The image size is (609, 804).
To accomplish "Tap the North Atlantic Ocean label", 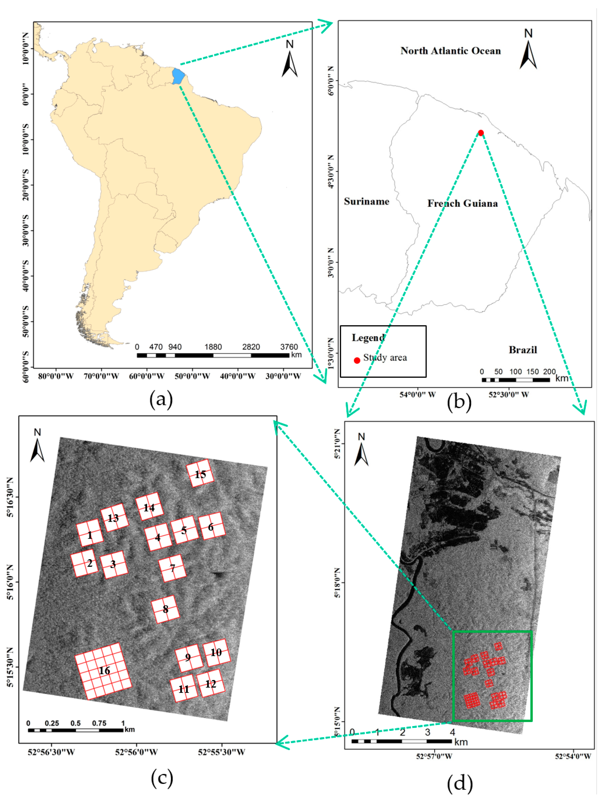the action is (x=450, y=51).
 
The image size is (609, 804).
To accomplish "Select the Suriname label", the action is (x=366, y=201).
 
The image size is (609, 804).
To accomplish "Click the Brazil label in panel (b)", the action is (x=523, y=350).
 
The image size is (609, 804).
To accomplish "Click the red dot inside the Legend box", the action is (x=357, y=360).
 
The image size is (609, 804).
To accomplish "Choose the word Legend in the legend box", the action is (x=368, y=338).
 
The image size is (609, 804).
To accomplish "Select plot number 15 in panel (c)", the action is (x=200, y=474).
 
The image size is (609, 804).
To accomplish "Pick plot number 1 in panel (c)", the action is (x=89, y=535).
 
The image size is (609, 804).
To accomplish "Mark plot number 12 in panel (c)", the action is (x=211, y=684).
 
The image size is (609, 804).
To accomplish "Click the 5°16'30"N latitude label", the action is (x=11, y=497).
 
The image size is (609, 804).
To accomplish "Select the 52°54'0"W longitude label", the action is (x=573, y=756).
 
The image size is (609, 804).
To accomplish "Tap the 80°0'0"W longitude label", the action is (x=56, y=376).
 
